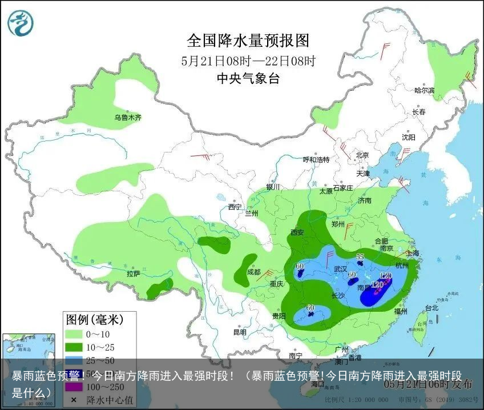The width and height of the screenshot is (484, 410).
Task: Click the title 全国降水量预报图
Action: [248, 41]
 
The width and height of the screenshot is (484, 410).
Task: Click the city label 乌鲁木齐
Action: [127, 118]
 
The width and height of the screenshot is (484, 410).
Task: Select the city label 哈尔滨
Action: [424, 91]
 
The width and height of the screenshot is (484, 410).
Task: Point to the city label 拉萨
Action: [133, 274]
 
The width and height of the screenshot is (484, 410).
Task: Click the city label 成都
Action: [254, 272]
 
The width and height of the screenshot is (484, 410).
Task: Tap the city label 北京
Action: [362, 155]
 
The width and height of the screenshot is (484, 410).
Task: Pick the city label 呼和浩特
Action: [316, 159]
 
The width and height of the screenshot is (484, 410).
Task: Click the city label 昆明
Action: [240, 332]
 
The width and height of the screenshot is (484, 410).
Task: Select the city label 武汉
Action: [341, 268]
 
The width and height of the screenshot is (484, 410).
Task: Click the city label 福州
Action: [401, 312]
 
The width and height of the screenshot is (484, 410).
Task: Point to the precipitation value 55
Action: [360, 257]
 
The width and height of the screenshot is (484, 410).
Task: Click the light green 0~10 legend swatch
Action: [74, 334]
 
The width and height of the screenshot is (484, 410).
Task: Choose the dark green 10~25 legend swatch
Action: [74, 347]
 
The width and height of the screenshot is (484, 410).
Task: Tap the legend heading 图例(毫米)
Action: [94, 319]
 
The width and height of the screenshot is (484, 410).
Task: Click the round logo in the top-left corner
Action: [21, 23]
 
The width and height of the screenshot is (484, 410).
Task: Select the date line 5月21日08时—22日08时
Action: [248, 61]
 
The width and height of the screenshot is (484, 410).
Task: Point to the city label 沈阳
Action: [408, 137]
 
